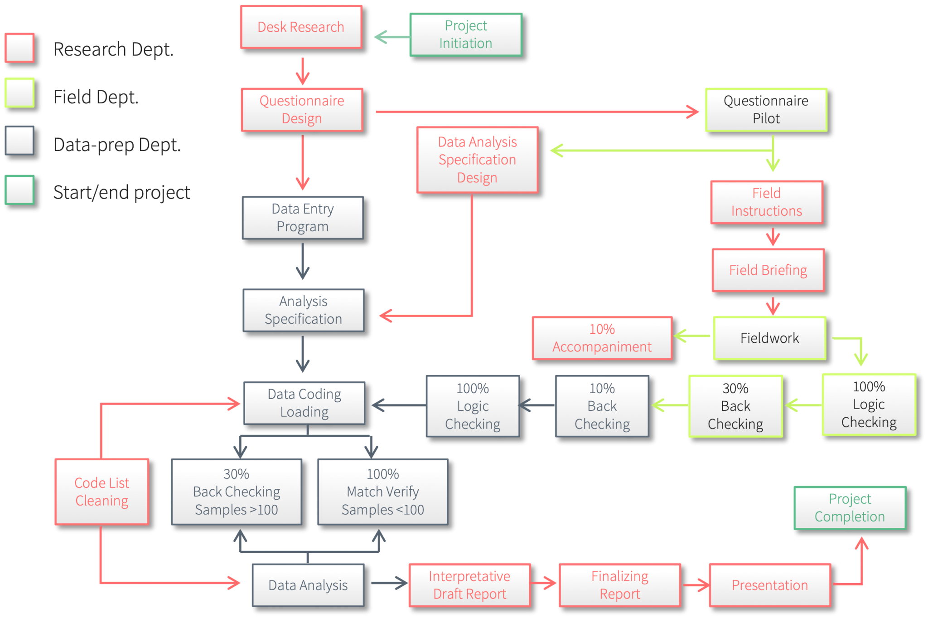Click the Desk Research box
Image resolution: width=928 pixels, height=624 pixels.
[x=301, y=27]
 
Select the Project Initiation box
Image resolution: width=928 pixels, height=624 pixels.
[x=466, y=34]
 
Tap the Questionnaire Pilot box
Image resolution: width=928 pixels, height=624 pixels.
[x=766, y=110]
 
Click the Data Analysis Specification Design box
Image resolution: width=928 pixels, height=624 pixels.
[x=477, y=160]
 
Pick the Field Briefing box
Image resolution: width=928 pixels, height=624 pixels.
[x=768, y=270]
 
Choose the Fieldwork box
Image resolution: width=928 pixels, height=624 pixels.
[x=769, y=338]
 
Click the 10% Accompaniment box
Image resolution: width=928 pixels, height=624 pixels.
[x=602, y=338]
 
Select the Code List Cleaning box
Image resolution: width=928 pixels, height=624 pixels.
[x=102, y=492]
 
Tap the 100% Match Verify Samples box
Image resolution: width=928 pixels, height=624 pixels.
[x=383, y=492]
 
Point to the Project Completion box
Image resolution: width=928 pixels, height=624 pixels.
[x=850, y=508]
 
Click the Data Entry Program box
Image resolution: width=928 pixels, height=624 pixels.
[x=303, y=218]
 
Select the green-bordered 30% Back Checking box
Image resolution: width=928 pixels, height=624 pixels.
[x=735, y=406]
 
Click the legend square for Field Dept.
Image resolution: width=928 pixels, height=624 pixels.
[x=19, y=93]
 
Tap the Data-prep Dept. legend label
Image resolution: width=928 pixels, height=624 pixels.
[x=117, y=145]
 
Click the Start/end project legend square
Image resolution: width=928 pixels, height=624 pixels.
[x=19, y=190]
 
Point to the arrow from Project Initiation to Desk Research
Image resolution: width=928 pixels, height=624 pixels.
[x=391, y=37]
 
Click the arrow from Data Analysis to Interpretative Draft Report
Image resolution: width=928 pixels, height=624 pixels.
[x=389, y=583]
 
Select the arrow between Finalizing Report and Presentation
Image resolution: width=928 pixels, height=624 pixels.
[x=696, y=585]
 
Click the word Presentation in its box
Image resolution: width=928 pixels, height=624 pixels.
[x=769, y=585]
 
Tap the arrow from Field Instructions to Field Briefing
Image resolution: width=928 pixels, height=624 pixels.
[x=773, y=237]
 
